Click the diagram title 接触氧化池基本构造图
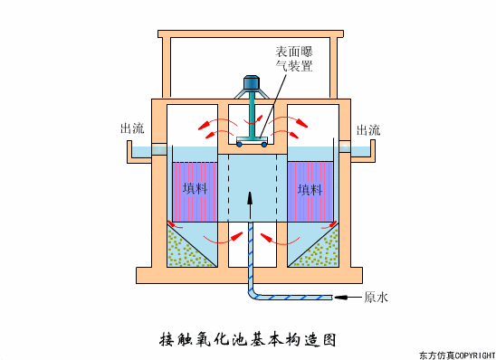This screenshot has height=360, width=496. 247,340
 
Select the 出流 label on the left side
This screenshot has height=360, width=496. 131,129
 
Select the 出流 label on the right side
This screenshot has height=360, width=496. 367,129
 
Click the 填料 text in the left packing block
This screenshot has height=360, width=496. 195,189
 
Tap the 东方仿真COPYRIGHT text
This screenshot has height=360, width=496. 457,354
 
